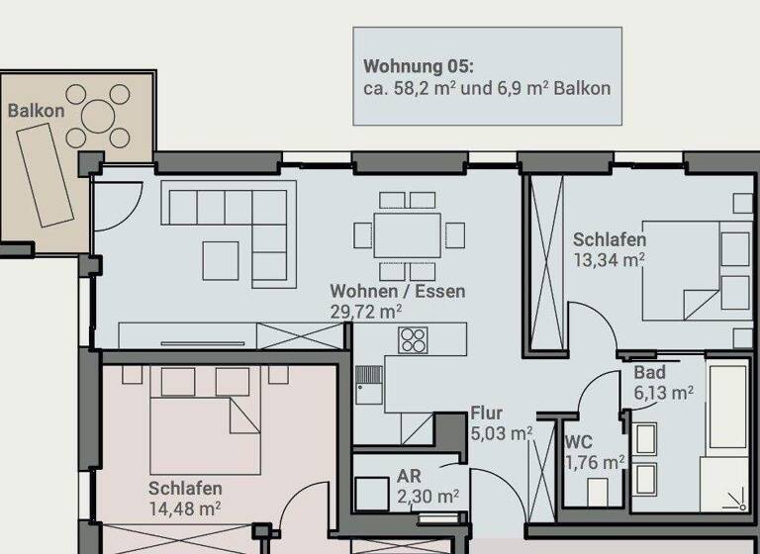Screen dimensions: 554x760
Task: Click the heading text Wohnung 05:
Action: (x=419, y=67)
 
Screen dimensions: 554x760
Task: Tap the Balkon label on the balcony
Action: (x=36, y=111)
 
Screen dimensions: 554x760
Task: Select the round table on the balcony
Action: (x=99, y=117)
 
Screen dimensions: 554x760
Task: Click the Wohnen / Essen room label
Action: (x=397, y=292)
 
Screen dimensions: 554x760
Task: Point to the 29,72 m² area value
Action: (x=365, y=311)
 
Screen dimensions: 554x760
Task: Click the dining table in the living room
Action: (x=409, y=235)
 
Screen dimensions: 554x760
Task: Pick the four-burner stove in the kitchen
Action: (x=412, y=340)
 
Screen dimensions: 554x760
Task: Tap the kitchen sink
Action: (x=368, y=383)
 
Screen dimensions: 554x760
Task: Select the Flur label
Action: (x=487, y=414)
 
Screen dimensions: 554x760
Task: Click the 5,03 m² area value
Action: (x=501, y=432)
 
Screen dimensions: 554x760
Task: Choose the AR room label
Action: (x=410, y=477)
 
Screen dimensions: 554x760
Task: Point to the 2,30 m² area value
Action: (x=427, y=496)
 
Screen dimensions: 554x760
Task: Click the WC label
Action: (x=579, y=442)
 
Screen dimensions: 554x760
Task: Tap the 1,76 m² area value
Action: (x=594, y=461)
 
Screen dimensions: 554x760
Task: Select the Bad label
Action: (x=649, y=373)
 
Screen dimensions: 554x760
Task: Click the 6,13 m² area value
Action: (x=663, y=392)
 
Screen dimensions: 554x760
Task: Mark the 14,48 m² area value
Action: (x=184, y=508)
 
